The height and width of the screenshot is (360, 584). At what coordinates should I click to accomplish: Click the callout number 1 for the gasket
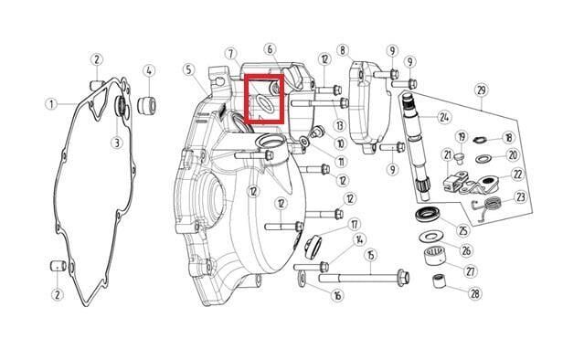(x=52, y=103)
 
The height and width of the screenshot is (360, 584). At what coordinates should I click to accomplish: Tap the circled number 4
(x=149, y=70)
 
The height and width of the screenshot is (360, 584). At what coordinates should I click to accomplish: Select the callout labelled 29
(x=482, y=90)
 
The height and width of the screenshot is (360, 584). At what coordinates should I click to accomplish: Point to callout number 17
(x=355, y=225)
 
